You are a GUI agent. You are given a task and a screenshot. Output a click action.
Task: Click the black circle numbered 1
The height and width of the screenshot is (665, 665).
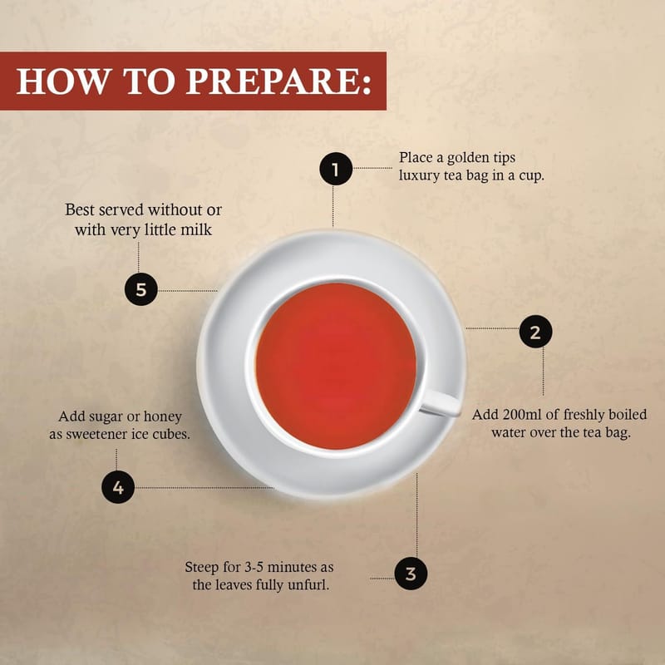[x=336, y=169]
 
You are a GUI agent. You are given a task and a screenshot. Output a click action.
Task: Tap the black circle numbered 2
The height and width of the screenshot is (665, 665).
[x=535, y=331]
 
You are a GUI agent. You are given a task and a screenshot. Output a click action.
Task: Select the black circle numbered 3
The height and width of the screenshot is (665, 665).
[x=411, y=574]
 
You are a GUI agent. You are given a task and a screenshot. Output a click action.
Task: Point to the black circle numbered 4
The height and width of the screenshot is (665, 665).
[x=118, y=487]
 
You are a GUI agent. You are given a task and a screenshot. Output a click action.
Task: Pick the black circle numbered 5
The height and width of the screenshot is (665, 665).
[x=140, y=289]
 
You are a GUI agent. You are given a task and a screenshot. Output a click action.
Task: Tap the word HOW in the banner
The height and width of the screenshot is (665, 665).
[x=62, y=81]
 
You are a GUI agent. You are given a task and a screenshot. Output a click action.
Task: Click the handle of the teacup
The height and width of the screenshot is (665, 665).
[x=441, y=402]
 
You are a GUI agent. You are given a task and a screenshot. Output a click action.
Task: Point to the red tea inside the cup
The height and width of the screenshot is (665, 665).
[x=336, y=366]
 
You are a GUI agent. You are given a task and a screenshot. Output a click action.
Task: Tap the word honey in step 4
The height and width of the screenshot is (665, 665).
[x=163, y=417]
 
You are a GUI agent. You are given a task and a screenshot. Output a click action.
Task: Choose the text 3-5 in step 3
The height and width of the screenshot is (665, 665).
[x=256, y=567]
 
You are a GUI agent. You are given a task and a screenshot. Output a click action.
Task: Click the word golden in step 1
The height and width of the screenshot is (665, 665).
[x=468, y=158]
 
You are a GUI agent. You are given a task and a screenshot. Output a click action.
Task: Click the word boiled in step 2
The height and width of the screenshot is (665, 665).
[x=628, y=414]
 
